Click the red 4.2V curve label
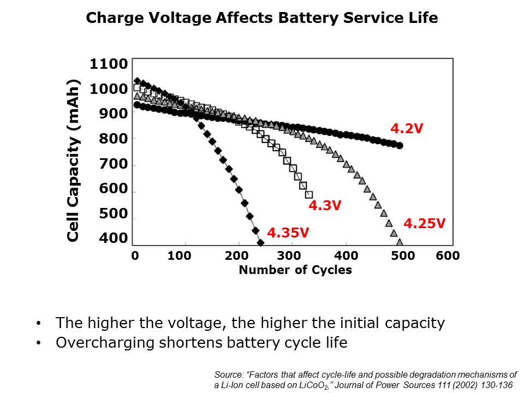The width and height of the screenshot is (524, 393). click(407, 129)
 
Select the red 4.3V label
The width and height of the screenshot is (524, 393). click(325, 206)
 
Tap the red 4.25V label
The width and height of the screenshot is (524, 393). click(424, 223)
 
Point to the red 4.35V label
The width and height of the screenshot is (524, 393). click(289, 233)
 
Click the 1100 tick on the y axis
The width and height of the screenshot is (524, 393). click(109, 64)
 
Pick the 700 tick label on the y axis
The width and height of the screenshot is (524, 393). click(113, 164)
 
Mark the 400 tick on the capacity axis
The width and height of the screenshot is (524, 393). click(113, 238)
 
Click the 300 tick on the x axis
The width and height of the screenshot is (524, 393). click(289, 256)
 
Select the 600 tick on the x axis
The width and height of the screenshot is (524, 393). click(448, 256)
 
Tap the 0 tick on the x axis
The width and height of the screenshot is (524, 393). click(134, 256)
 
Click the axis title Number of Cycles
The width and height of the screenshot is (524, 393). click(295, 270)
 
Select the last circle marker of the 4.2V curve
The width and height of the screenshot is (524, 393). click(400, 146)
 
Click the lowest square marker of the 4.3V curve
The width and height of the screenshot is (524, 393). click(309, 194)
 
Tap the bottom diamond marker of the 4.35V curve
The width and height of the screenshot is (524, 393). click(260, 242)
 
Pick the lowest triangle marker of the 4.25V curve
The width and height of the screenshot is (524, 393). click(400, 242)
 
